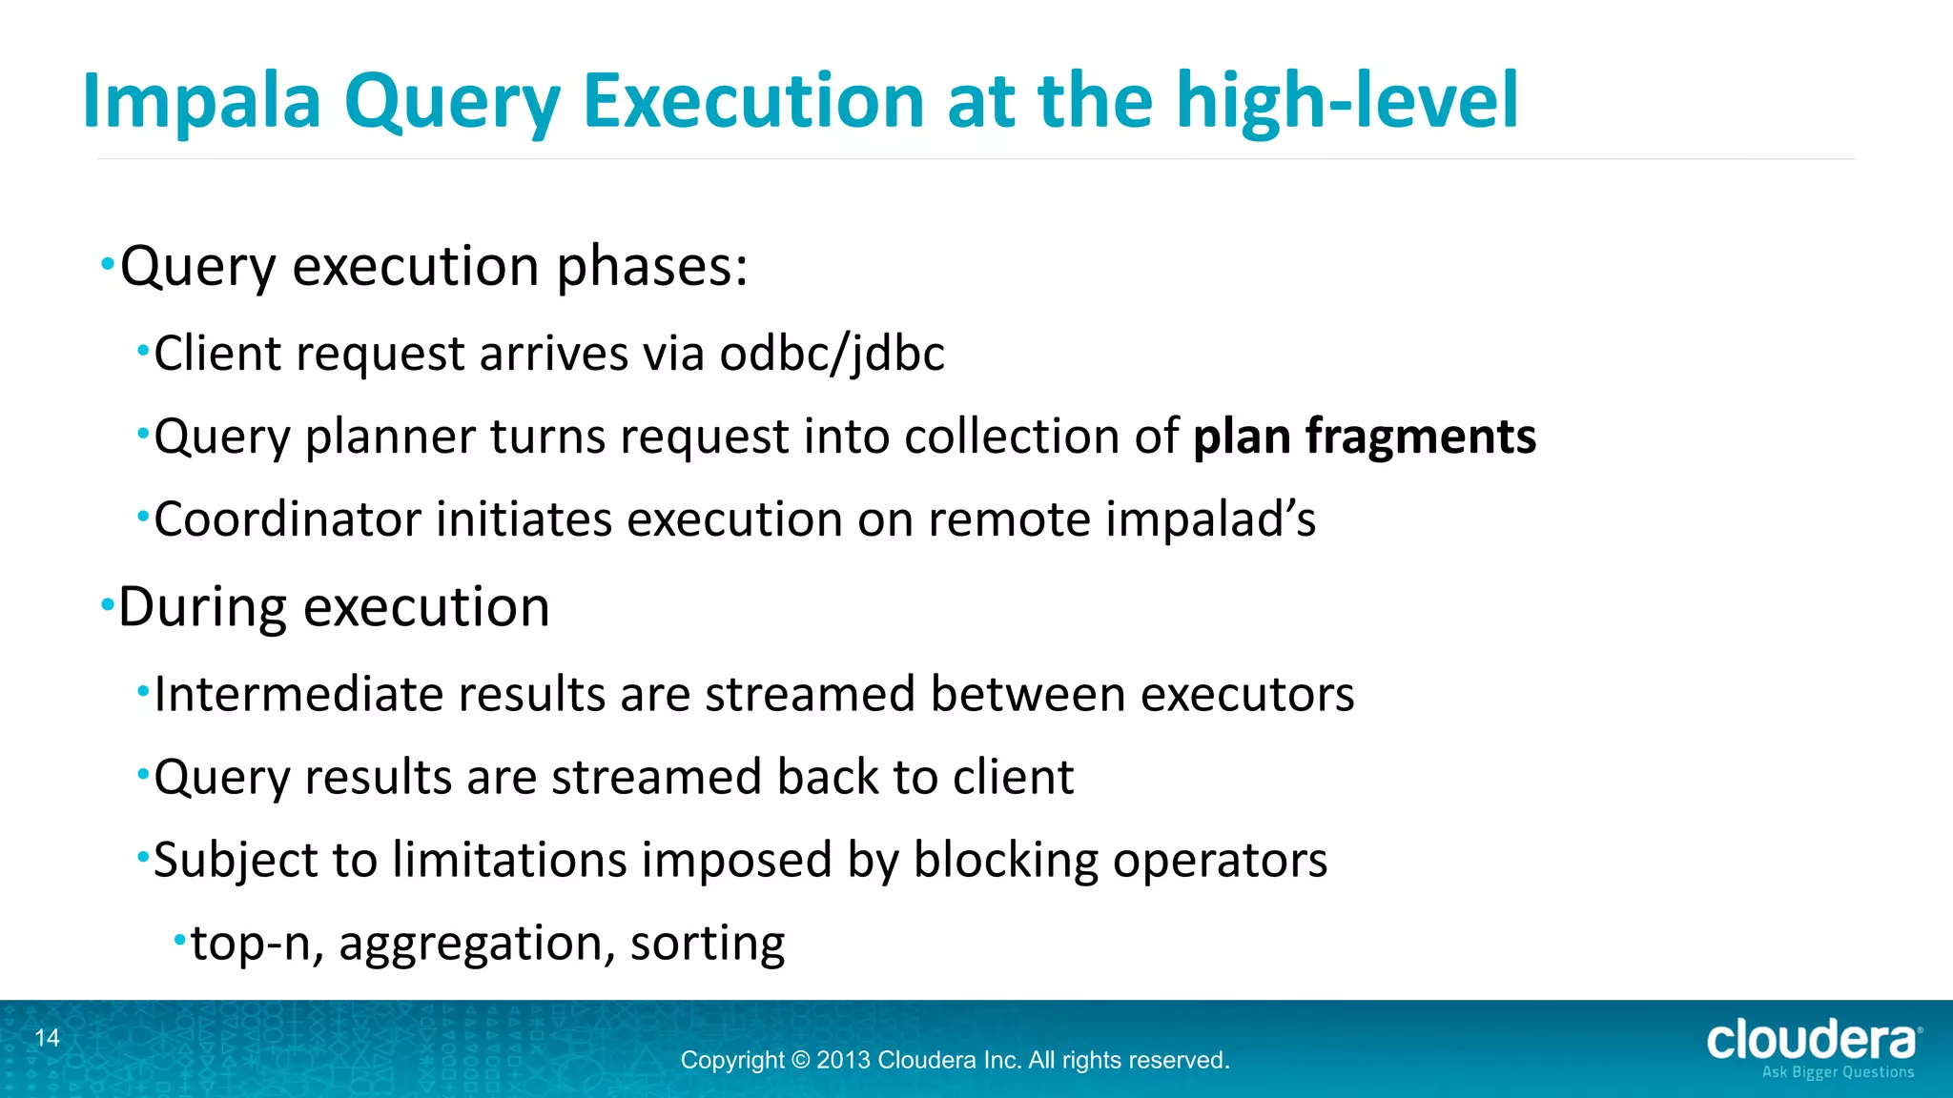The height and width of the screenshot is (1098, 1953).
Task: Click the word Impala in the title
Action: tap(201, 102)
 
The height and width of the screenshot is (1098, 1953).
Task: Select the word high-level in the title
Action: tap(1347, 100)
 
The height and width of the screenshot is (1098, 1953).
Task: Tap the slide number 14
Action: tap(48, 1038)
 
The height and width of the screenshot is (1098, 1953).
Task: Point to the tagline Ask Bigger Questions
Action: tap(1837, 1072)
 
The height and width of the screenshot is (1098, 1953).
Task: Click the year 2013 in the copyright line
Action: tap(843, 1060)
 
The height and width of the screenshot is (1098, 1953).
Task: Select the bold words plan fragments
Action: tap(1364, 437)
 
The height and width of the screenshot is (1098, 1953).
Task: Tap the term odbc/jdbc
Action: tap(832, 355)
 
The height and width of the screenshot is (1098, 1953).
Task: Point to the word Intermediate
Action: tap(298, 694)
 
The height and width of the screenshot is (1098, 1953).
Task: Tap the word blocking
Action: tap(1005, 861)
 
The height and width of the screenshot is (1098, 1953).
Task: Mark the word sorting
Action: tap(708, 944)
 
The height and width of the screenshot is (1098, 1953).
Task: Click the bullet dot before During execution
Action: tap(108, 604)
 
